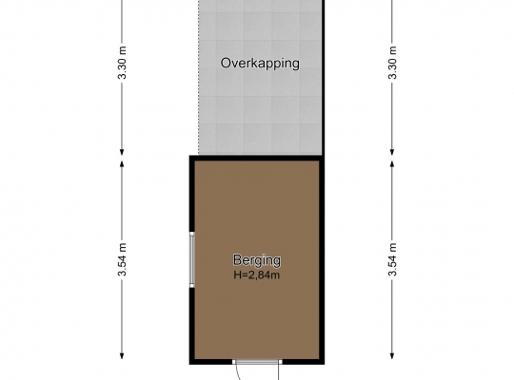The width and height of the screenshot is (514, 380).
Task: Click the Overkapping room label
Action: (x=260, y=63)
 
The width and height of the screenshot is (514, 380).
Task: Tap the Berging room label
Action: (x=257, y=260)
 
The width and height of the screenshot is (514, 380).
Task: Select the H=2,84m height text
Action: (x=257, y=275)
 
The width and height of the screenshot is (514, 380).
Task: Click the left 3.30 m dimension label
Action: (x=122, y=63)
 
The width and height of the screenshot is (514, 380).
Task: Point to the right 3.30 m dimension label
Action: (x=392, y=63)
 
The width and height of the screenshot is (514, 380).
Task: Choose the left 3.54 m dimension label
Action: (x=122, y=259)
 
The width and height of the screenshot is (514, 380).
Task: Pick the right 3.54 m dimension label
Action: (x=392, y=259)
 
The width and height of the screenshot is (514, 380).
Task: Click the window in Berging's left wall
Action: (x=192, y=260)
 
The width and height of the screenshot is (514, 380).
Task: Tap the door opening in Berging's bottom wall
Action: (x=257, y=362)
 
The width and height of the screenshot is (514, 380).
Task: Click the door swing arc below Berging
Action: (x=238, y=373)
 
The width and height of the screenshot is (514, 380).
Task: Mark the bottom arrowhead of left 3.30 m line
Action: (x=122, y=152)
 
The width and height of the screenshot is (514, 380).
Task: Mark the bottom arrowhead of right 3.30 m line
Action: (x=392, y=152)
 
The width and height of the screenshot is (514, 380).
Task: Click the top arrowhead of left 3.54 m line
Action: (x=122, y=163)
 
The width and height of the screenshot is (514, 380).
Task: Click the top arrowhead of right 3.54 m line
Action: (x=392, y=163)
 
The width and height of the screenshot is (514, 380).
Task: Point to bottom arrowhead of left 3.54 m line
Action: (x=122, y=356)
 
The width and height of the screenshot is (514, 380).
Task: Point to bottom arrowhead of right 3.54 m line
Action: (x=392, y=356)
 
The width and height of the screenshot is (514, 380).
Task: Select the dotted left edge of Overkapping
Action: (x=199, y=78)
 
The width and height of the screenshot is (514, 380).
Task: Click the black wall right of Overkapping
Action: (x=323, y=78)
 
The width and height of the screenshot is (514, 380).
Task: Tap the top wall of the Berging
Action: (x=257, y=158)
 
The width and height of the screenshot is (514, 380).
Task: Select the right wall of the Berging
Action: (x=323, y=260)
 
